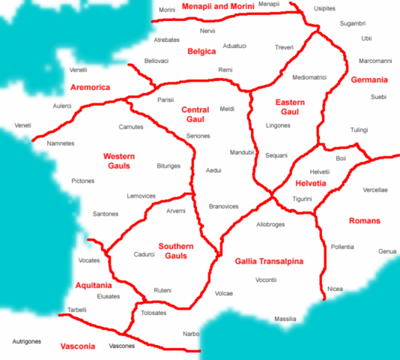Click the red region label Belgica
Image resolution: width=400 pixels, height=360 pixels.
pyautogui.click(x=201, y=52)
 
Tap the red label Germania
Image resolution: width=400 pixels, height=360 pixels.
pyautogui.click(x=369, y=79)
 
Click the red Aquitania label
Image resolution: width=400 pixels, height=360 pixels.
pyautogui.click(x=94, y=286)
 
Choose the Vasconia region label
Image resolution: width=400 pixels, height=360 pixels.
pyautogui.click(x=77, y=346)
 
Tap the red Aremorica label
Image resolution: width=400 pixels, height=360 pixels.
pyautogui.click(x=90, y=88)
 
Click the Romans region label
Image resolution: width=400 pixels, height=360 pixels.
pyautogui.click(x=365, y=220)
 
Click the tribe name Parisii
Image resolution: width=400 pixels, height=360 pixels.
pyautogui.click(x=166, y=100)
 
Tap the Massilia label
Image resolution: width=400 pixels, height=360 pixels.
pyautogui.click(x=285, y=319)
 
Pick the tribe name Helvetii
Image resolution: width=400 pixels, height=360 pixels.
pyautogui.click(x=319, y=172)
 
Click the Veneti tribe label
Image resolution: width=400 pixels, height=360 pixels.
pyautogui.click(x=23, y=125)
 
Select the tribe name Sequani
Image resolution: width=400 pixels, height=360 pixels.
pyautogui.click(x=276, y=155)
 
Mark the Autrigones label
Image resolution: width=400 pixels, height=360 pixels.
pyautogui.click(x=26, y=341)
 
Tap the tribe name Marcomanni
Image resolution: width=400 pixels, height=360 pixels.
pyautogui.click(x=375, y=60)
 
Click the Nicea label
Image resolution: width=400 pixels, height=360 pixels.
pyautogui.click(x=335, y=289)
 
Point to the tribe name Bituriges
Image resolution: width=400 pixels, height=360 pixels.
pyautogui.click(x=169, y=165)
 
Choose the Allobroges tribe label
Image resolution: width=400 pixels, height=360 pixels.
pyautogui.click(x=270, y=223)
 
